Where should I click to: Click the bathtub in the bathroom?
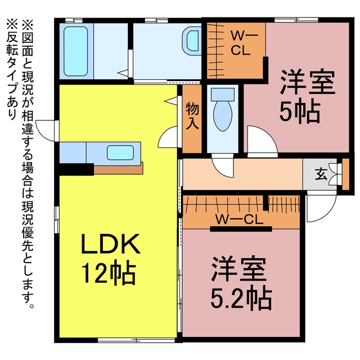coord(75,51)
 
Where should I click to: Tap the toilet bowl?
coord(223,116)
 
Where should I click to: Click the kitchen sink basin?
coord(120,152)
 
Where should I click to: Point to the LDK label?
coord(111,244)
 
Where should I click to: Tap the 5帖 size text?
coord(300,112)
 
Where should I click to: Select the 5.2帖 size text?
coord(241,298)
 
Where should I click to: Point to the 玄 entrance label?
coord(321,174)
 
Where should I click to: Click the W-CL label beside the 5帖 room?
coord(240,44)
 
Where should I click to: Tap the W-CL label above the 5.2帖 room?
coord(238,220)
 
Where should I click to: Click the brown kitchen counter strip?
coord(119,169)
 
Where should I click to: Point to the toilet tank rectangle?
coord(223,94)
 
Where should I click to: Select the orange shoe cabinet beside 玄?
coord(345,174)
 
